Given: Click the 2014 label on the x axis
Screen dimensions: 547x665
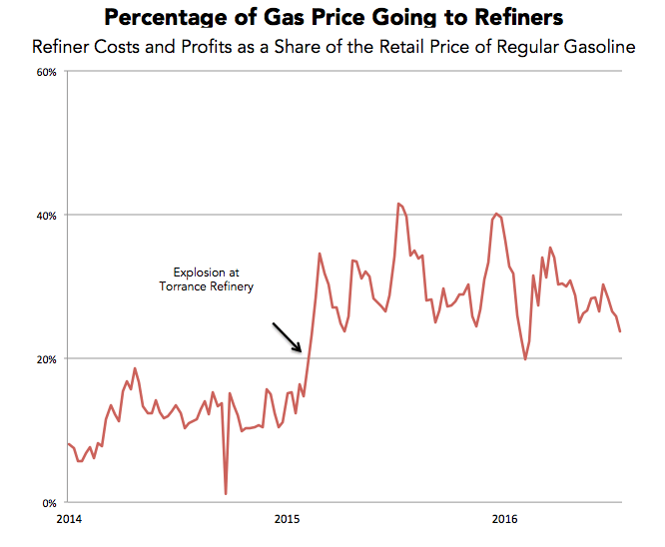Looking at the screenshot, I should pyautogui.click(x=69, y=519).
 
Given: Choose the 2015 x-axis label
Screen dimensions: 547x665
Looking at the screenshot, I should pyautogui.click(x=288, y=519).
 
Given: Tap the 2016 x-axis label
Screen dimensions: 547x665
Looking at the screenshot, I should pyautogui.click(x=505, y=519).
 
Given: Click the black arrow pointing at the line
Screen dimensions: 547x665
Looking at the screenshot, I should pyautogui.click(x=287, y=337).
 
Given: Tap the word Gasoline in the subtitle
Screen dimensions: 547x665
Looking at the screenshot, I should pyautogui.click(x=605, y=48).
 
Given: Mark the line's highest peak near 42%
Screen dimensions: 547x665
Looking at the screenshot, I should pyautogui.click(x=398, y=204).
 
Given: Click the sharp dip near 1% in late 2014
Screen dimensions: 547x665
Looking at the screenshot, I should pyautogui.click(x=226, y=493).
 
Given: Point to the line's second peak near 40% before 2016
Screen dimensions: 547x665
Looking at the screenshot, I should pyautogui.click(x=496, y=214).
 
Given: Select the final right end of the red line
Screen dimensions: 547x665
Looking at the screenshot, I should pyautogui.click(x=620, y=331).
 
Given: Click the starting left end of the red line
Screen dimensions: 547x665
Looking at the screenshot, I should pyautogui.click(x=67, y=443).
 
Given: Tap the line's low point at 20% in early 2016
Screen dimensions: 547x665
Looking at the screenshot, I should pyautogui.click(x=525, y=359).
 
